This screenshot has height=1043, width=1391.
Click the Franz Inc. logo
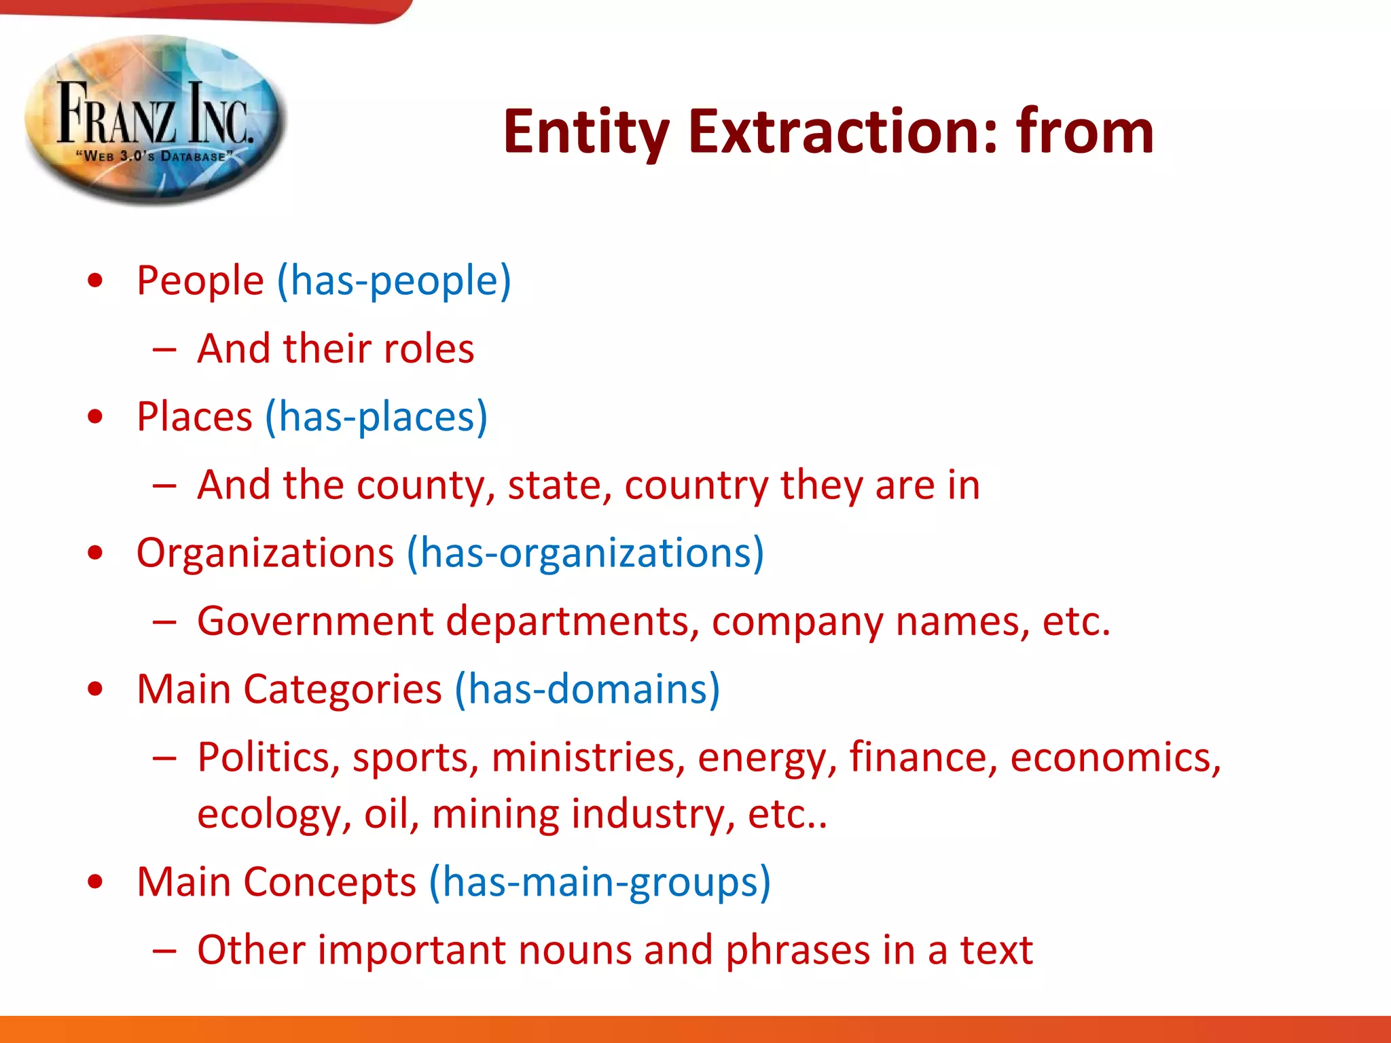(155, 119)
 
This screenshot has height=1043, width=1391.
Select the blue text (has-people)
(393, 280)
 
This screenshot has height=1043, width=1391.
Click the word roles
(429, 349)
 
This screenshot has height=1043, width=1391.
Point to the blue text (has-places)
(376, 417)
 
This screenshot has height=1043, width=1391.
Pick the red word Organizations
(265, 553)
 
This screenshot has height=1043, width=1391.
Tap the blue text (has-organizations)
(585, 553)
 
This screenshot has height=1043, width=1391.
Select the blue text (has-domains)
(587, 689)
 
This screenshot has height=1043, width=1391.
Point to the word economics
(1115, 758)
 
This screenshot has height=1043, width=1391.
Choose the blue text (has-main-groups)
(600, 882)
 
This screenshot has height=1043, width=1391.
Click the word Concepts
(329, 882)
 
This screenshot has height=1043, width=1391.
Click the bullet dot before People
(96, 280)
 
